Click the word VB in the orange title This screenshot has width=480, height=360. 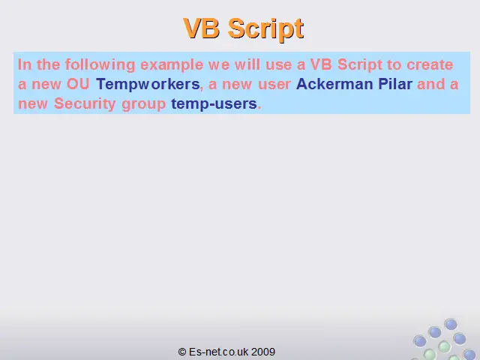pos(202,28)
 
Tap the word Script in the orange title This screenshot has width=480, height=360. pos(266,29)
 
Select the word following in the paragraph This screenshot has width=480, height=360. pos(100,65)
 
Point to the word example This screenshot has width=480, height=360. pos(172,65)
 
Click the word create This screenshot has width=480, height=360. pos(430,64)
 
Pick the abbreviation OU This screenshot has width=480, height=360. pos(78,84)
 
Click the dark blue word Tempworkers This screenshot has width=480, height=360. pos(148,85)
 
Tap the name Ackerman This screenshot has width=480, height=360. pos(334,84)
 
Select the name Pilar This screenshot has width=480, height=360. pos(395,84)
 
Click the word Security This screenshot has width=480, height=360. pos(85,104)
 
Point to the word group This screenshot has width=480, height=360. pos(143,105)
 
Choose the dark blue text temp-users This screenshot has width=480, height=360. pos(214,104)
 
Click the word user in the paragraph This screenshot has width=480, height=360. pos(274,85)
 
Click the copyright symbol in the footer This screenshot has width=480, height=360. pos(182,352)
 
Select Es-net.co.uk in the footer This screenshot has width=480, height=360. pos(218,352)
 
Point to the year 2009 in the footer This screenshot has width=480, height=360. pos(263,352)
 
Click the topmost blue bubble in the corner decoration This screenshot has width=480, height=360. pos(451,325)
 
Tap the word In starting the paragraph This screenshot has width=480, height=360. pos(25,64)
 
